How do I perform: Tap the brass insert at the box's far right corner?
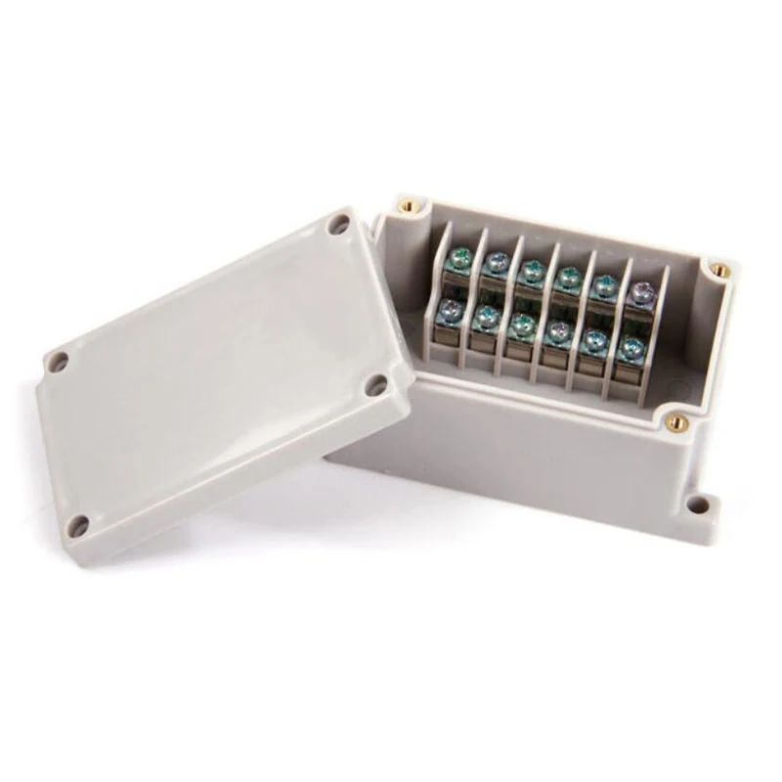coord(718,266)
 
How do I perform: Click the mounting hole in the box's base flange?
coord(696,506)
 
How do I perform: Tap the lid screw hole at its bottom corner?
coord(83,522)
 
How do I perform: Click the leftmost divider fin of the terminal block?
coord(443,293)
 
